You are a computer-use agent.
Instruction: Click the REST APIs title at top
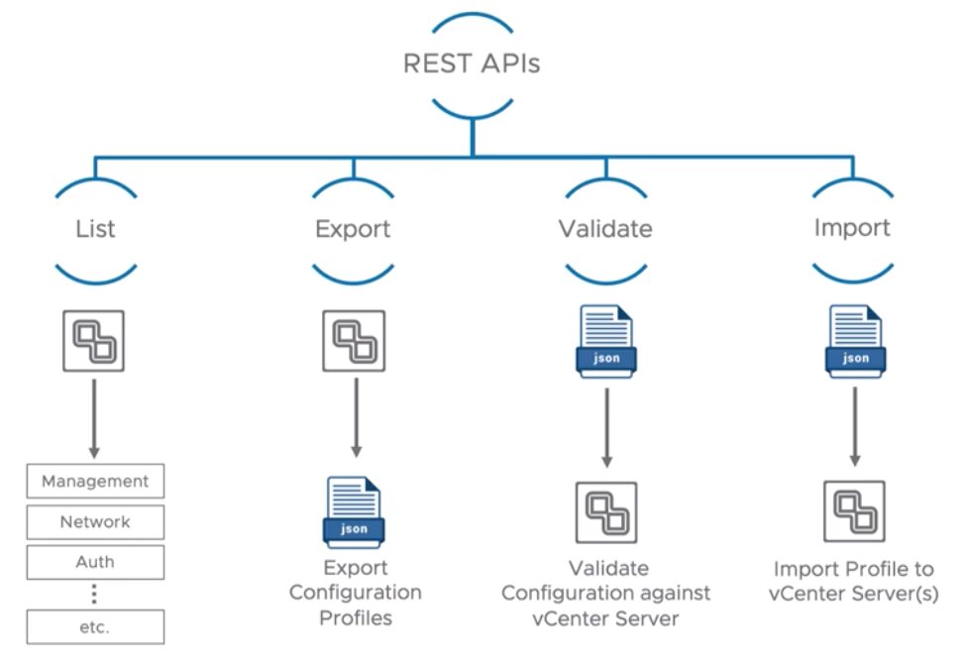click(x=472, y=64)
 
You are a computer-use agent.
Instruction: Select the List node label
click(x=95, y=229)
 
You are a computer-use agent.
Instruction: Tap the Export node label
click(x=353, y=229)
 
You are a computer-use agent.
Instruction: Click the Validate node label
click(x=605, y=229)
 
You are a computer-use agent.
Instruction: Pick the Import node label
click(x=853, y=228)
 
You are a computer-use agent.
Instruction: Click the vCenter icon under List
click(x=94, y=341)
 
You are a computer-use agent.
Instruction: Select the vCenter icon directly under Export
click(x=354, y=341)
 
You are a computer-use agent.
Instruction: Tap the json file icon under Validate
click(x=605, y=341)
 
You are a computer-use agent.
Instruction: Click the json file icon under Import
click(x=855, y=341)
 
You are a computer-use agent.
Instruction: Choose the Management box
click(x=95, y=482)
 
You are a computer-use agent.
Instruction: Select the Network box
click(x=95, y=521)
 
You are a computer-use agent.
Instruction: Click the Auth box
click(x=95, y=562)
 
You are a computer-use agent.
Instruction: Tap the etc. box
click(x=95, y=627)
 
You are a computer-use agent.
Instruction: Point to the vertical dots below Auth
click(x=95, y=594)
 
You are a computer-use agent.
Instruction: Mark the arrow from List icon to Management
click(x=95, y=416)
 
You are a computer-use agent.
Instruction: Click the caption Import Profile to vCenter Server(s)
click(x=854, y=582)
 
